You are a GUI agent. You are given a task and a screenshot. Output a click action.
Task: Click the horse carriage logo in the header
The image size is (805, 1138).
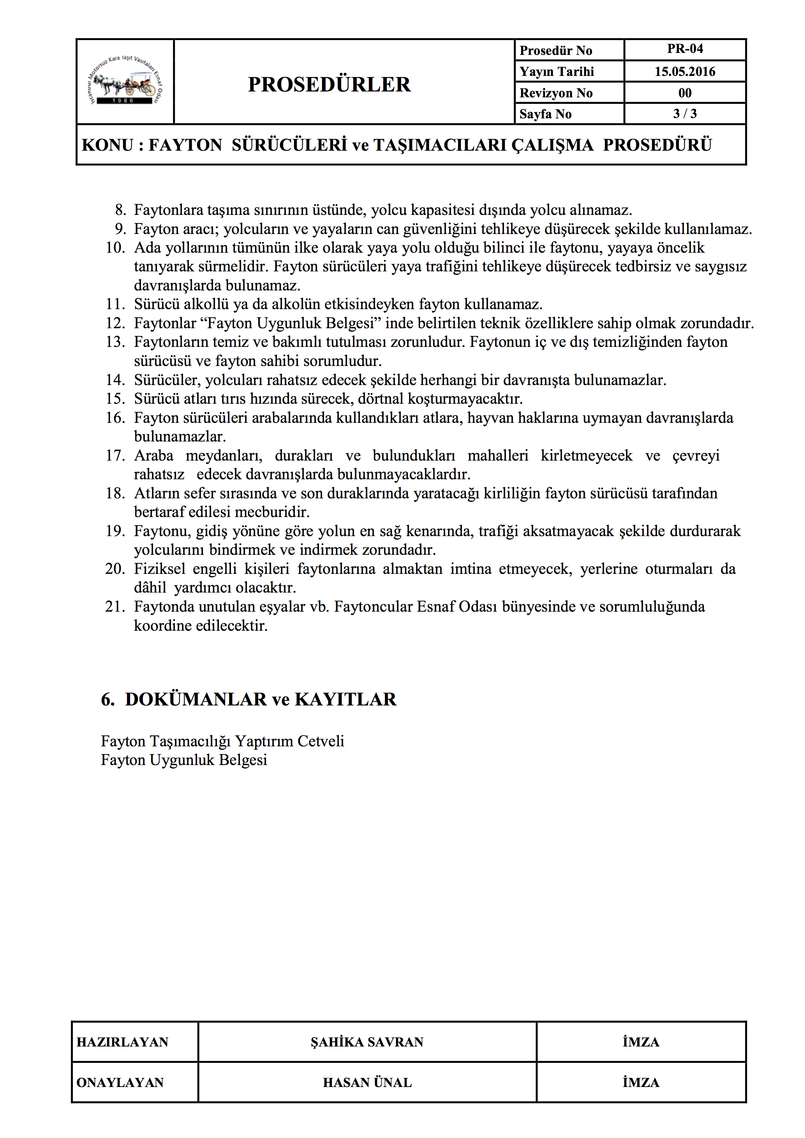(x=125, y=81)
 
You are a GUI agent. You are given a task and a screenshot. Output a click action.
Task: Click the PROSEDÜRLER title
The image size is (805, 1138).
(x=329, y=84)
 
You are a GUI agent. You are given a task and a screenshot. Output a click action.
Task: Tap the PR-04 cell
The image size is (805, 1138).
(x=685, y=49)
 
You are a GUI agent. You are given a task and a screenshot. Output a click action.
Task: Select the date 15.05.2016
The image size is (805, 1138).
(x=685, y=71)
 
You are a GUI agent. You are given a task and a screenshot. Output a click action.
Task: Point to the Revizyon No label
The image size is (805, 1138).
(x=556, y=93)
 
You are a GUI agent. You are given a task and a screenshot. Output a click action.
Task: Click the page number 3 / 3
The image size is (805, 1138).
(x=685, y=114)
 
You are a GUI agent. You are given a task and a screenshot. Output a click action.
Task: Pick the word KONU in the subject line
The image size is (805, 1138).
(x=107, y=145)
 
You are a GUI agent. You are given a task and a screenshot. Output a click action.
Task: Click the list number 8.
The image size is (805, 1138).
(x=120, y=210)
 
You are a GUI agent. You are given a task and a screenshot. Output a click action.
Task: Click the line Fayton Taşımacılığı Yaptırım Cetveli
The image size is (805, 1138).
(x=222, y=741)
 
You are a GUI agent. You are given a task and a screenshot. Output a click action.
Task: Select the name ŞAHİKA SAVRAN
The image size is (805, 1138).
(x=367, y=1042)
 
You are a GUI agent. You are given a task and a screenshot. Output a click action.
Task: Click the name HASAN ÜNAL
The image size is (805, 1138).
(x=367, y=1082)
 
